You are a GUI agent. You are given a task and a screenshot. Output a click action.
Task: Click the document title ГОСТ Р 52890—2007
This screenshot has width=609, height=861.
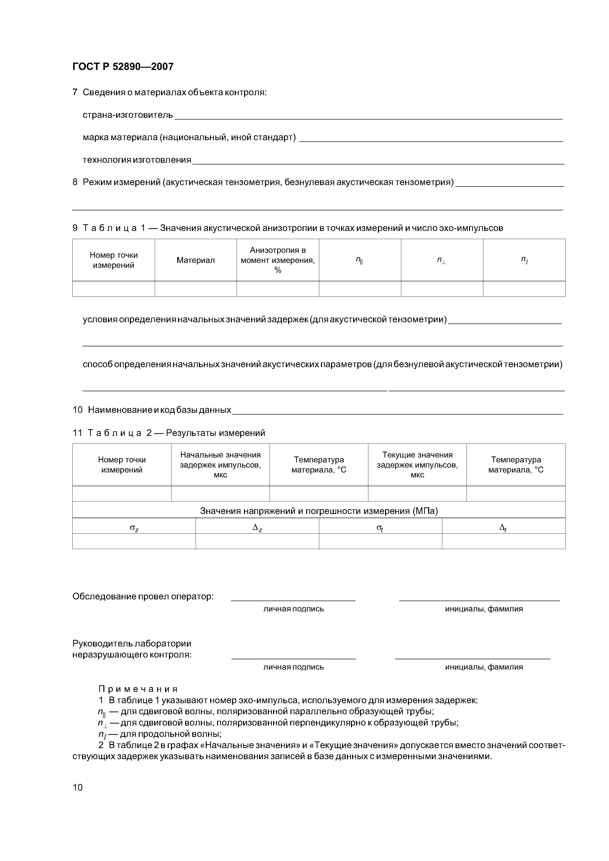tap(123, 67)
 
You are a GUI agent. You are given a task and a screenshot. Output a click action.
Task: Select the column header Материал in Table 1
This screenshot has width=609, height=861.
tap(195, 260)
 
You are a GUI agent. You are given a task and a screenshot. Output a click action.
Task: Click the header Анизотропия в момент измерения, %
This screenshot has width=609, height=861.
tap(278, 260)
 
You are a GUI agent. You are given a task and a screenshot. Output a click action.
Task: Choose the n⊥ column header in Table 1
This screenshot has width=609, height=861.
tap(441, 260)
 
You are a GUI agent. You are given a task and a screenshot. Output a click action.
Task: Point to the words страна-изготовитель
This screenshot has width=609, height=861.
tap(128, 115)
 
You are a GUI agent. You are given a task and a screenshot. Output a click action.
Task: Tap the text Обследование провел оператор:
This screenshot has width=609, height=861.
tap(143, 596)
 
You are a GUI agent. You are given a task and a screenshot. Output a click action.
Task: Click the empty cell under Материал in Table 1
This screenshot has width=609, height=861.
tap(195, 289)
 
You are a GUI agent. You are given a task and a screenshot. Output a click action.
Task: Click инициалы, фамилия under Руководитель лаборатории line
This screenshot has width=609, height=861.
tap(484, 667)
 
